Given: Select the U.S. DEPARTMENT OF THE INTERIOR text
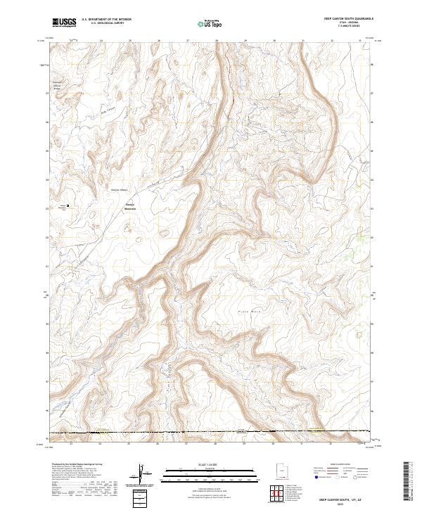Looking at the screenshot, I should pos(106,20).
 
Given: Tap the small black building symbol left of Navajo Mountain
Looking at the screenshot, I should pos(68,205).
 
